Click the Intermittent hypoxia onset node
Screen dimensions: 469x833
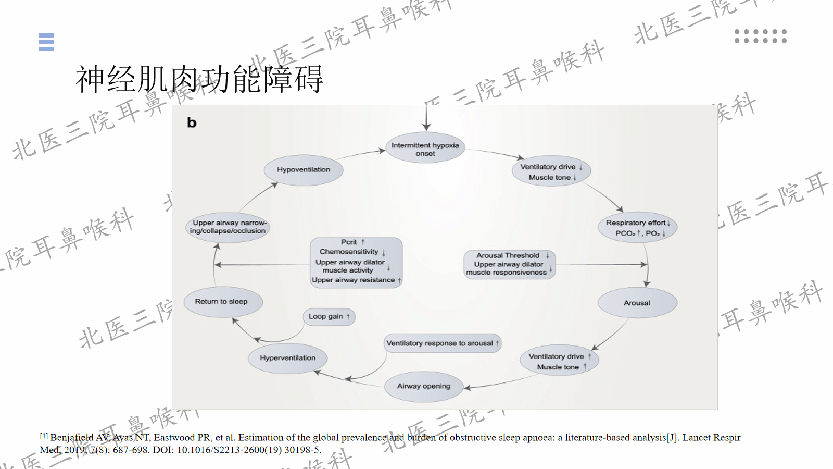[425, 149]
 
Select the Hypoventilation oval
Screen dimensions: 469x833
[303, 170]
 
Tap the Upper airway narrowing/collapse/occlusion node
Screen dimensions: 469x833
[228, 227]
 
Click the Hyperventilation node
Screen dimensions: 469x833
[287, 358]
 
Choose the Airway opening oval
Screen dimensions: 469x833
[423, 387]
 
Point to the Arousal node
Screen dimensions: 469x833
[637, 303]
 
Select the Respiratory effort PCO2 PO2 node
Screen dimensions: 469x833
[637, 228]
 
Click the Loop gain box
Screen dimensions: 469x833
[329, 316]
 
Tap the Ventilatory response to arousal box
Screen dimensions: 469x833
[442, 343]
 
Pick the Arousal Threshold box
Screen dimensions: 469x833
[510, 264]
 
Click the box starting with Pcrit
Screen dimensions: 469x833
[356, 262]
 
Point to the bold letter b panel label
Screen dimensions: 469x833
[192, 123]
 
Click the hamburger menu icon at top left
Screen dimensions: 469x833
[46, 42]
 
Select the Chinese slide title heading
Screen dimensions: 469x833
[199, 79]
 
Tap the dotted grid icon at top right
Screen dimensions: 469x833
[760, 36]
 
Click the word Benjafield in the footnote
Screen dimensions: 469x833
[72, 438]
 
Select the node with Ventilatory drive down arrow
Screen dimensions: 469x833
[551, 171]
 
